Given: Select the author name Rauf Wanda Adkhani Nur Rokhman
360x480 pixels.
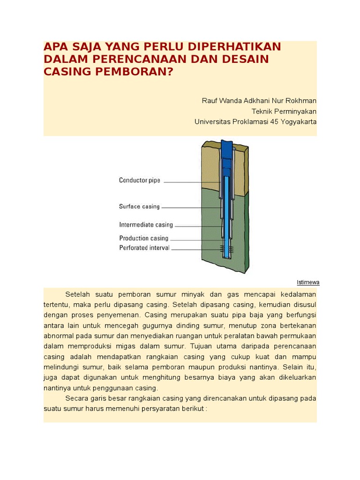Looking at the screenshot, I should (259, 101).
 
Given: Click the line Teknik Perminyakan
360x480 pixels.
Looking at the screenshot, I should (284, 111).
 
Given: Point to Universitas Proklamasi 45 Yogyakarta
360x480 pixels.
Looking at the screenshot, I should (255, 121).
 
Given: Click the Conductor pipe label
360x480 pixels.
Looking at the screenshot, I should (140, 180).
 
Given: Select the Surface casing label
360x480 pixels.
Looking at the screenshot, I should (139, 206).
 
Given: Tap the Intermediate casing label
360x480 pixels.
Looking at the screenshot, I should (146, 225).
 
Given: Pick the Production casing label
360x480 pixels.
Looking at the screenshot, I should (143, 238).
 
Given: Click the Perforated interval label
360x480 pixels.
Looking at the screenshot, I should (144, 247).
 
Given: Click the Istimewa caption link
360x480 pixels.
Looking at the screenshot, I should (308, 282).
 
